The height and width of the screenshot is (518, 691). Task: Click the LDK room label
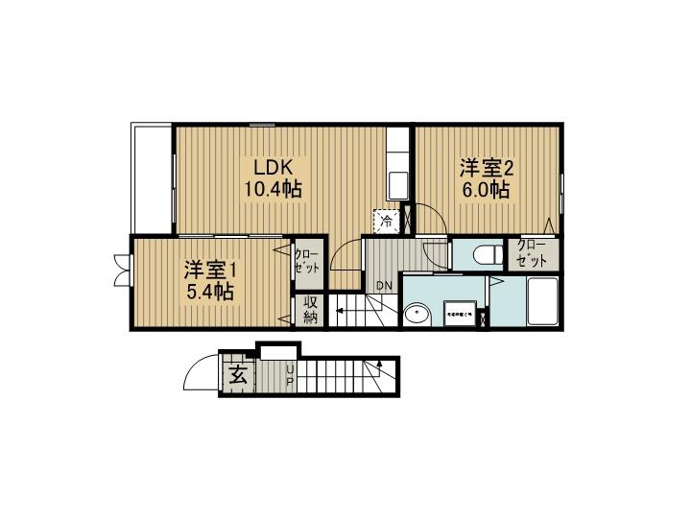(x=270, y=164)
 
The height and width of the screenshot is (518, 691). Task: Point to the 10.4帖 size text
(x=272, y=189)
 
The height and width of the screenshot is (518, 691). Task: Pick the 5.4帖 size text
(x=210, y=292)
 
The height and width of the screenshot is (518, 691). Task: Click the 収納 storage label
(x=311, y=310)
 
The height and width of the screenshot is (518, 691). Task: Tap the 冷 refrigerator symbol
(x=387, y=222)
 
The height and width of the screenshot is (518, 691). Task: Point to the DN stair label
(x=384, y=286)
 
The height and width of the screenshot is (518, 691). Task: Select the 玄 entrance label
(x=239, y=375)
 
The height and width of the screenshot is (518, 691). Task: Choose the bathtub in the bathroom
(x=542, y=301)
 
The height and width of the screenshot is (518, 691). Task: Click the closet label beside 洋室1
(x=308, y=262)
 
